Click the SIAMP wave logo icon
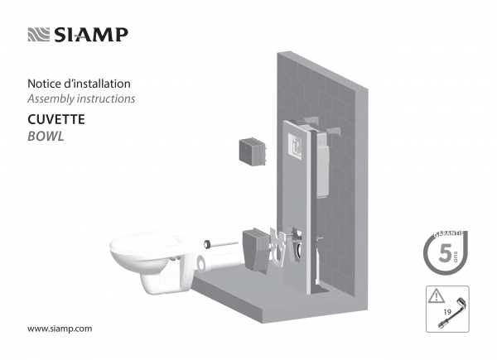pos(39,35)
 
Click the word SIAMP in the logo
pos(91,35)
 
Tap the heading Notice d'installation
pos(79,84)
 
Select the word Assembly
pos(51,98)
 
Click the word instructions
pos(106,98)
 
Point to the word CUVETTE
pos(56,119)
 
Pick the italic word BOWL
pos(46,137)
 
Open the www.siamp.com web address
pos(60,329)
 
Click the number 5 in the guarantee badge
pos(445,253)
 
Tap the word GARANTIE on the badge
pos(449,233)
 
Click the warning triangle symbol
pos(437,296)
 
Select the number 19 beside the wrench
pos(447,311)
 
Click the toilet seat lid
pos(143,243)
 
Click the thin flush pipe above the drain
pos(221,243)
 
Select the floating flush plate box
pos(253,152)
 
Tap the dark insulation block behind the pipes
pos(256,250)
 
